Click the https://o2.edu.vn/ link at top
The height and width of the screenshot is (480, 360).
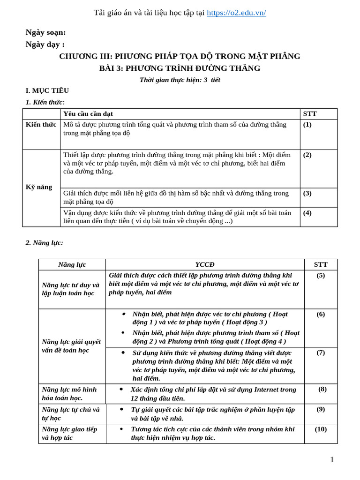(x=236, y=13)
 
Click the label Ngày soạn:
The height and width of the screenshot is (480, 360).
(x=45, y=32)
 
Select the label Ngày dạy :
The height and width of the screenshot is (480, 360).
(x=45, y=45)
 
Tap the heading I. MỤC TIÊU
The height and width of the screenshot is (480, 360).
(x=47, y=90)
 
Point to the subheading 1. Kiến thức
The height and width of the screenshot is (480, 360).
(x=45, y=102)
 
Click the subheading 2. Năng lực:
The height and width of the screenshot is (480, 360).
(x=44, y=242)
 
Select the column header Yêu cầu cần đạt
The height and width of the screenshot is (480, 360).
(x=88, y=114)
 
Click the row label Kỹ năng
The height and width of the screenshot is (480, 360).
(x=39, y=187)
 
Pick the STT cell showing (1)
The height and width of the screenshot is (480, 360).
(x=307, y=125)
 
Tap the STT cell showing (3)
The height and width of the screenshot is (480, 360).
(x=307, y=193)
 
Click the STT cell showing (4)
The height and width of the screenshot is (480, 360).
(x=307, y=213)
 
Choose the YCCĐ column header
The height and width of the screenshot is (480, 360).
(x=205, y=264)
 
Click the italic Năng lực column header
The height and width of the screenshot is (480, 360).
(x=72, y=264)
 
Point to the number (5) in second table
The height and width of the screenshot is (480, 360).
(x=321, y=276)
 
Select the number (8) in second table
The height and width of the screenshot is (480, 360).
(x=322, y=389)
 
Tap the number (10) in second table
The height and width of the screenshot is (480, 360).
(x=321, y=429)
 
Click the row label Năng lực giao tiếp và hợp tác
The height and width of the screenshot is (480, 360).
(x=69, y=434)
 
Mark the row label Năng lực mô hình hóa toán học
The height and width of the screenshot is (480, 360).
(x=69, y=394)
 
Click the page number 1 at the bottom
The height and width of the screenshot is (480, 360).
(x=332, y=460)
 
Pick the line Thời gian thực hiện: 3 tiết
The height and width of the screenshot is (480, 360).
(x=180, y=80)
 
